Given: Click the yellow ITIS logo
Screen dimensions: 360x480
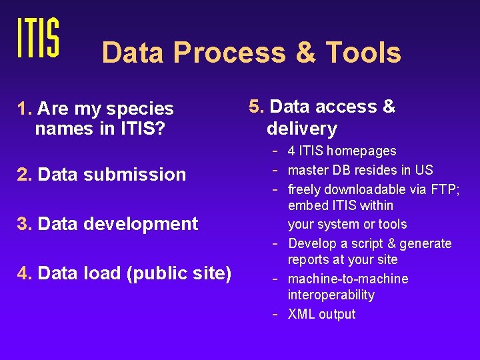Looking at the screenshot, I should (x=38, y=37).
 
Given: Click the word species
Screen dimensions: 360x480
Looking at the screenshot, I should (x=142, y=109).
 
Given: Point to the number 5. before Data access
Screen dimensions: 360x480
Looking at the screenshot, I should (x=257, y=107).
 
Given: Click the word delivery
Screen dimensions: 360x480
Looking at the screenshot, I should (x=301, y=129).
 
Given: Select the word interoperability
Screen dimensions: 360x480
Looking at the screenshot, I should (x=331, y=295).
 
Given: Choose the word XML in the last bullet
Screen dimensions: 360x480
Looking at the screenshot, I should (x=301, y=314).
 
